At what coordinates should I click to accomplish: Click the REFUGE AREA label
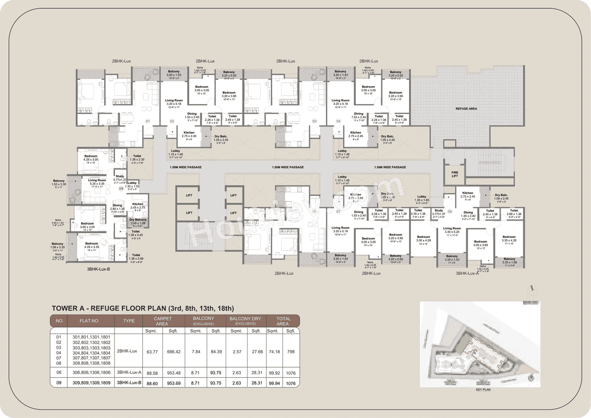pyautogui.click(x=467, y=109)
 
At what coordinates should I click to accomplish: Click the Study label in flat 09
pyautogui.click(x=120, y=176)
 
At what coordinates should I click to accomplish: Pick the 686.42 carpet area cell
pyautogui.click(x=174, y=351)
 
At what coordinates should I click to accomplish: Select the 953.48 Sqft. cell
pyautogui.click(x=174, y=373)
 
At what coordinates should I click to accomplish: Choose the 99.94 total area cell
pyautogui.click(x=272, y=383)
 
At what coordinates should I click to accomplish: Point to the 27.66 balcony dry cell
pyautogui.click(x=256, y=351)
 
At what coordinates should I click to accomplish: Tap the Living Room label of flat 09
pyautogui.click(x=97, y=181)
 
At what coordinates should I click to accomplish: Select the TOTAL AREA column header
pyautogui.click(x=283, y=321)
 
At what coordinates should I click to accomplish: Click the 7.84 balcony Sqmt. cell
pyautogui.click(x=195, y=351)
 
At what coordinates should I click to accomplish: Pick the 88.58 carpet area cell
pyautogui.click(x=152, y=373)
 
